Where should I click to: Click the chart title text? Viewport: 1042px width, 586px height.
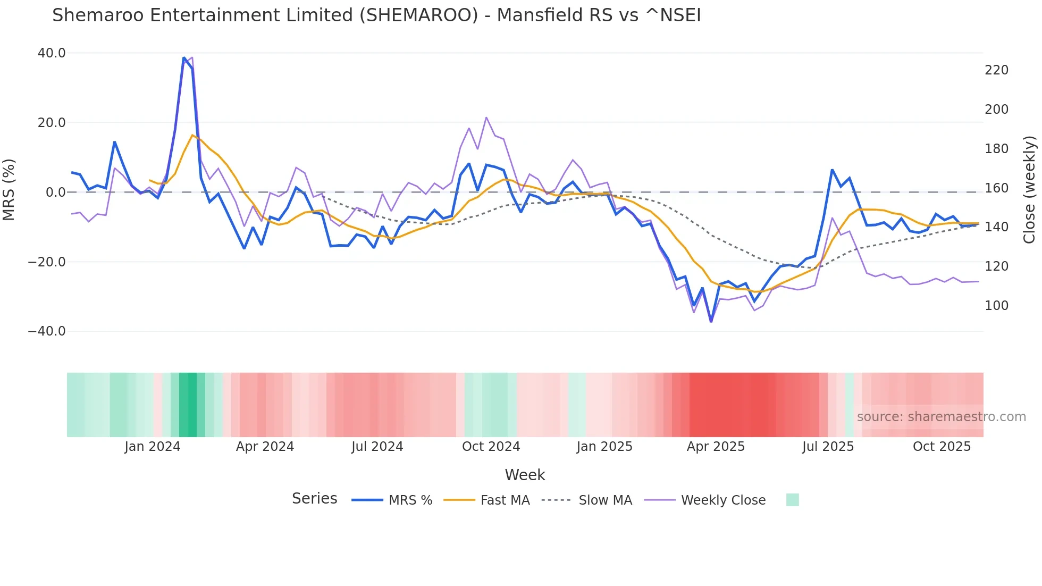coord(376,15)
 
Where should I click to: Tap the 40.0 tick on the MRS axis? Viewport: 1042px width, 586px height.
coord(52,53)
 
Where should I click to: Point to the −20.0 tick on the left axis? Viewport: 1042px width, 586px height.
coord(47,262)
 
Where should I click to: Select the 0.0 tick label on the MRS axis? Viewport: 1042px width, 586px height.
coord(55,192)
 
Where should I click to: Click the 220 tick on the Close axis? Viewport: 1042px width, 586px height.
coord(996,70)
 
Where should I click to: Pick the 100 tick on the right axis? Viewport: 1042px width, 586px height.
coord(996,306)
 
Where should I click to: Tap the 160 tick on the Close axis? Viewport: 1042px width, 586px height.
coord(996,188)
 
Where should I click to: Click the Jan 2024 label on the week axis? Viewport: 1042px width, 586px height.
coord(153,447)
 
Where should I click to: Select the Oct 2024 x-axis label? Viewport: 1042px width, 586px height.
coord(491,447)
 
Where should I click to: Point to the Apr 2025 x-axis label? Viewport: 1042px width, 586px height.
coord(716,447)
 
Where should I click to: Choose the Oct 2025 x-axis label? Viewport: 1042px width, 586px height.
coord(942,447)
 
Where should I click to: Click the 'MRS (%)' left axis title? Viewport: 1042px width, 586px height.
coord(9,189)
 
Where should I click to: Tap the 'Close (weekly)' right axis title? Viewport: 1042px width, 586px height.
coord(1030,190)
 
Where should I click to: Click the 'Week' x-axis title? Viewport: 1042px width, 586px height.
coord(525,475)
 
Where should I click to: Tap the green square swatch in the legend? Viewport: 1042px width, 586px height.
coord(792,500)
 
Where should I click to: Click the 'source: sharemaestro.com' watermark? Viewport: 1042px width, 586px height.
coord(941,417)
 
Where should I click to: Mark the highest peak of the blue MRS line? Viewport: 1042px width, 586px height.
coord(184,58)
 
